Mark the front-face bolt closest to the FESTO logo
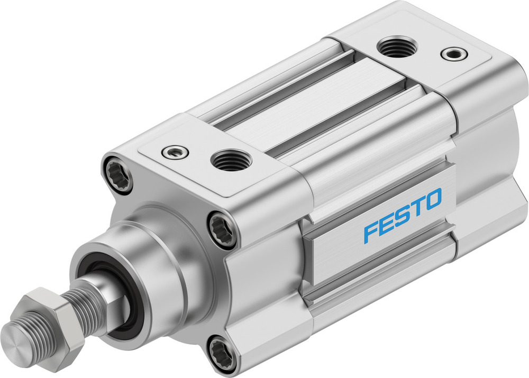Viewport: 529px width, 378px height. (222, 229)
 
